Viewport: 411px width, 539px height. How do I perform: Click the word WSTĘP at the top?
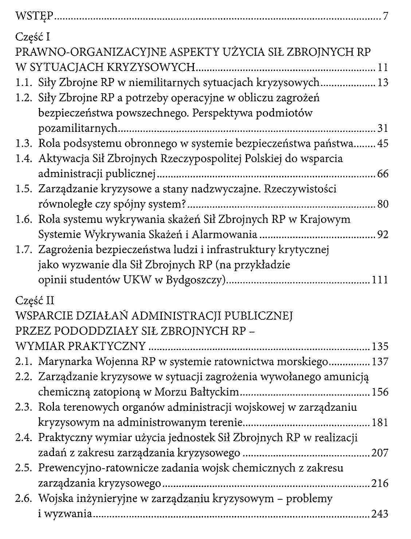[35, 16]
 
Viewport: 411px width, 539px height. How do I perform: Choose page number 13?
[383, 83]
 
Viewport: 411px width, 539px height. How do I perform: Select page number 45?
[383, 144]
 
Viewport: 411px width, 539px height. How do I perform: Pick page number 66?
[383, 174]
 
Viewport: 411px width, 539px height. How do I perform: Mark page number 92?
[383, 235]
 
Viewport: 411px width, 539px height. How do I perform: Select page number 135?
[379, 346]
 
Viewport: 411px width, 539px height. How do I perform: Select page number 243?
[380, 514]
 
